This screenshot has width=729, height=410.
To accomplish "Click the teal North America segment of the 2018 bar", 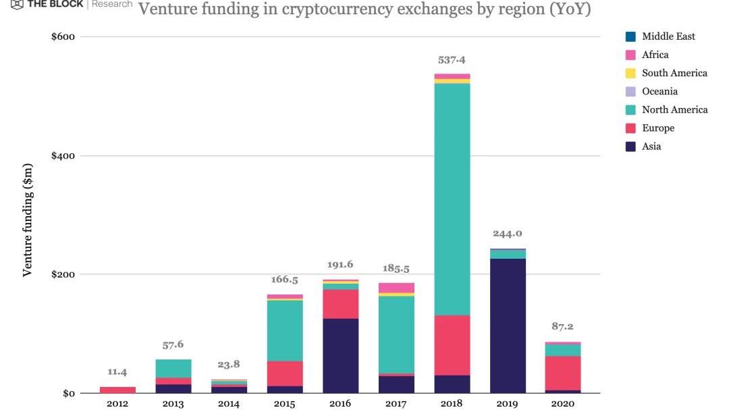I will tap(452, 199).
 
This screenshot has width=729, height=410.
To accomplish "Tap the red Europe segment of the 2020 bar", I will tap(563, 373).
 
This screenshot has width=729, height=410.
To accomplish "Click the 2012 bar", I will tap(118, 390).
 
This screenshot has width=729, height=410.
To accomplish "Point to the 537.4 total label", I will tap(452, 60).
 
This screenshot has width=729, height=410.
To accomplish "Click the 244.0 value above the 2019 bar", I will tap(508, 234).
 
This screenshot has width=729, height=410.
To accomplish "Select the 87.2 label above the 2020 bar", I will tap(562, 326).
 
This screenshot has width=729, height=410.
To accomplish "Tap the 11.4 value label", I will tap(117, 372).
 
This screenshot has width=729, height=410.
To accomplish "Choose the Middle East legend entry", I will tap(668, 36).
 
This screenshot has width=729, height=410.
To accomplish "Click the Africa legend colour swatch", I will tap(630, 55).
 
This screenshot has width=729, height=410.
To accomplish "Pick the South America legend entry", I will tap(674, 73).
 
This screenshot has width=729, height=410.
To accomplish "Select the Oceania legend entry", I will tap(659, 91).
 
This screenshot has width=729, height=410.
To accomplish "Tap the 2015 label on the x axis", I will tap(285, 403).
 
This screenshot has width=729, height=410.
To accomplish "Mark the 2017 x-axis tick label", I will tap(396, 403).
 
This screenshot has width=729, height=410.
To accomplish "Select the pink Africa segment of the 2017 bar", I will tap(396, 288).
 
